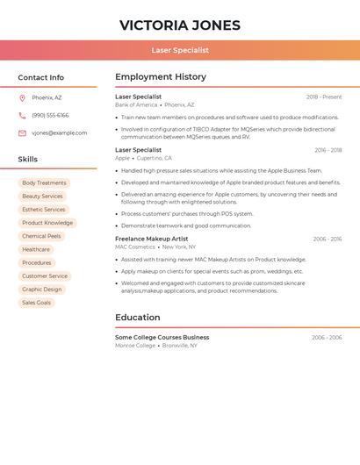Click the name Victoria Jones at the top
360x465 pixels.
click(180, 25)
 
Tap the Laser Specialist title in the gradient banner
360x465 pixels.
click(180, 51)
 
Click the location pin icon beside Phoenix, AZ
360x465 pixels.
click(22, 97)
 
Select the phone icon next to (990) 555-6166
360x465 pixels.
click(22, 115)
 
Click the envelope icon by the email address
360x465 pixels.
click(22, 133)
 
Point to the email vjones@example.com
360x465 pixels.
click(60, 133)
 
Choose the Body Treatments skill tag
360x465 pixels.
click(44, 183)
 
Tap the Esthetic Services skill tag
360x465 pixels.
click(44, 210)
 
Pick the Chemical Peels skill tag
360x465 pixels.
click(41, 236)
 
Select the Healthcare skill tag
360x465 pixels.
click(36, 249)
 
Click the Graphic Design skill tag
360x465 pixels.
click(42, 290)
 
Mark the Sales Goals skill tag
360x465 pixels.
click(37, 303)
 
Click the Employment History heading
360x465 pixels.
click(161, 77)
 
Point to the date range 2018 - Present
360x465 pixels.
click(324, 97)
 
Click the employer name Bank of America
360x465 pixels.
click(136, 105)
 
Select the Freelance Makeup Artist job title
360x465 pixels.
click(152, 239)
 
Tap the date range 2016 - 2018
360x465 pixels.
click(328, 150)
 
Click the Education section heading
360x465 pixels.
click(138, 318)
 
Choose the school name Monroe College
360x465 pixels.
click(135, 346)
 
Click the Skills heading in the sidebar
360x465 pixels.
click(28, 160)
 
